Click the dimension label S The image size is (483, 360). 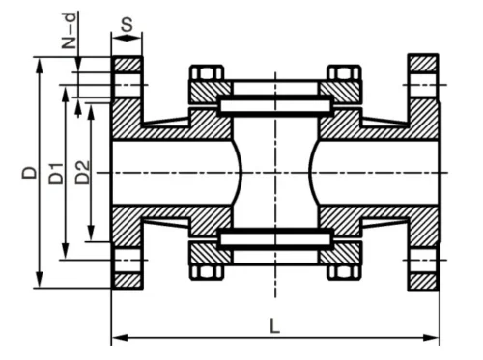tap(128, 25)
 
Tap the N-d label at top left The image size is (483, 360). tap(70, 31)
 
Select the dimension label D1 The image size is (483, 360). tap(56, 174)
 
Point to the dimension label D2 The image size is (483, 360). tap(82, 173)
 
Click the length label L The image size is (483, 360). tap(274, 326)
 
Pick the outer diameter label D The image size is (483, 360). tap(30, 172)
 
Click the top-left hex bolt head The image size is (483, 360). tap(207, 72)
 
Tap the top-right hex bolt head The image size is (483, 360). tap(344, 72)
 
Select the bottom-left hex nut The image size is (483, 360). tap(207, 272)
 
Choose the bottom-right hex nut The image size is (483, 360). tap(344, 272)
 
